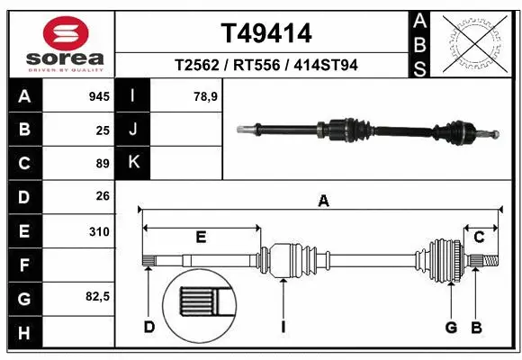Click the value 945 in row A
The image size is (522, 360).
99,96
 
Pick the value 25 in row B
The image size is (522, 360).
103,130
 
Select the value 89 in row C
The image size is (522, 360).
103,164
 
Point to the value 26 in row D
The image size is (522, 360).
103,196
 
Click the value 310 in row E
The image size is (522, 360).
99,231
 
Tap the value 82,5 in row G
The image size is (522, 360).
97,296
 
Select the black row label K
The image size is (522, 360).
133,163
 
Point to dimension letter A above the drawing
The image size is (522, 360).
323,202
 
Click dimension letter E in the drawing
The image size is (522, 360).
201,237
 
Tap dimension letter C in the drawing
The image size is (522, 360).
480,237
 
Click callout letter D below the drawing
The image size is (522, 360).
149,328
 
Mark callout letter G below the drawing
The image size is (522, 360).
452,328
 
